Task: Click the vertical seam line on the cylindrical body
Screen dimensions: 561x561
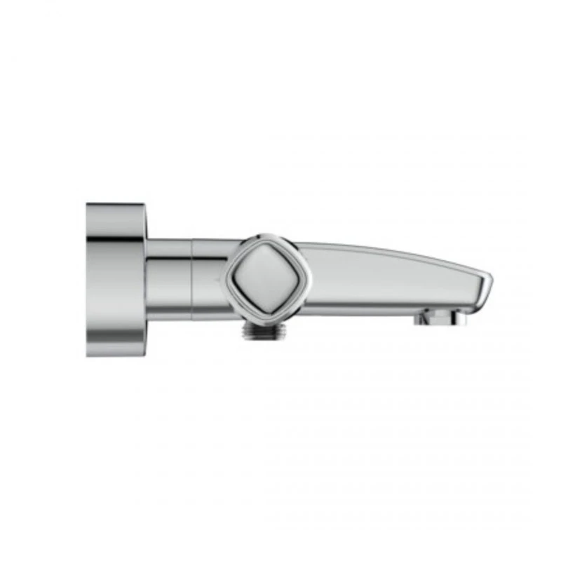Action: pyautogui.click(x=193, y=280)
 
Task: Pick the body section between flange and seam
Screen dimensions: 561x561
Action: pyautogui.click(x=168, y=280)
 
